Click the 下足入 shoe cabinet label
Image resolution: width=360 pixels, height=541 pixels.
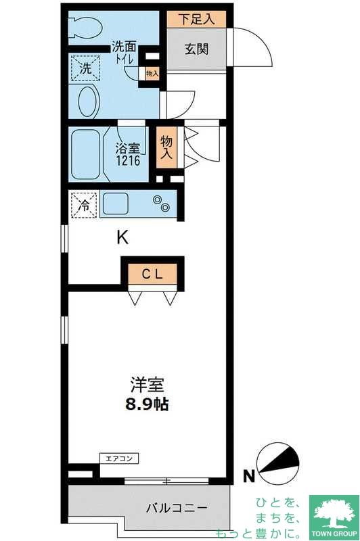click(x=196, y=20)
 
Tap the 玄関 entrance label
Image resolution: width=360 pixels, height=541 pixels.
click(x=198, y=51)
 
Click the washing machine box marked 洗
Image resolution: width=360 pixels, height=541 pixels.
click(x=86, y=68)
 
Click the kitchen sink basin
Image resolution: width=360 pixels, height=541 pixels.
click(x=116, y=203)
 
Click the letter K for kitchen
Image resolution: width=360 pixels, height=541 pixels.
click(x=122, y=237)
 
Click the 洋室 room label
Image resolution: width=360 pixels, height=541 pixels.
click(x=148, y=386)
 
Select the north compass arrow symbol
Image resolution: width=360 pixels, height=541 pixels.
click(x=277, y=461)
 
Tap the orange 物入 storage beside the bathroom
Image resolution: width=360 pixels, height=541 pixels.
click(x=166, y=147)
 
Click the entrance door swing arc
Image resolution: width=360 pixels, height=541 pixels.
click(x=257, y=47)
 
